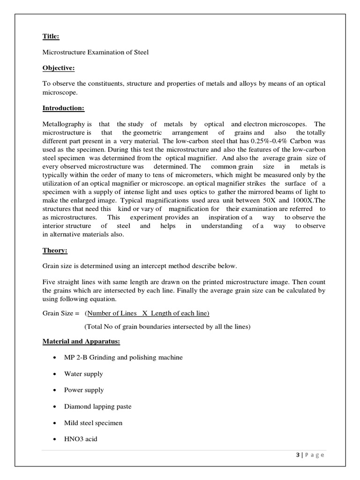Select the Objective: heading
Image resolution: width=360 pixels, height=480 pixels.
pos(59,68)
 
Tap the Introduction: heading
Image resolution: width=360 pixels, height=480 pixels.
pos(63,108)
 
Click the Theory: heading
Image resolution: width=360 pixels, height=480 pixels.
pos(55,251)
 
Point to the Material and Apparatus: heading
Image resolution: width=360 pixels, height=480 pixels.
pos(82,342)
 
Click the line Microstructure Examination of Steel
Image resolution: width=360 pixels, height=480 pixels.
pos(96,52)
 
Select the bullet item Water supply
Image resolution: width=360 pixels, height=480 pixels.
pos(83,374)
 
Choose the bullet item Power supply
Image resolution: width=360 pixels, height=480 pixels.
pos(84,390)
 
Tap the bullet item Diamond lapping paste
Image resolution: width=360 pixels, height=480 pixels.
pos(97,406)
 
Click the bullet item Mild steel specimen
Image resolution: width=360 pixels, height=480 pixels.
pos(93,423)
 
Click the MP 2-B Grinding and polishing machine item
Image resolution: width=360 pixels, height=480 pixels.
pos(123,358)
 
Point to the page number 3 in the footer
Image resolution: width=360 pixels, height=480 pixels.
pos(299,455)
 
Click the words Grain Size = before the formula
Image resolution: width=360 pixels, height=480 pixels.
pos(61,313)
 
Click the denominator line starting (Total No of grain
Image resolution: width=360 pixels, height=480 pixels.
pos(167,326)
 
